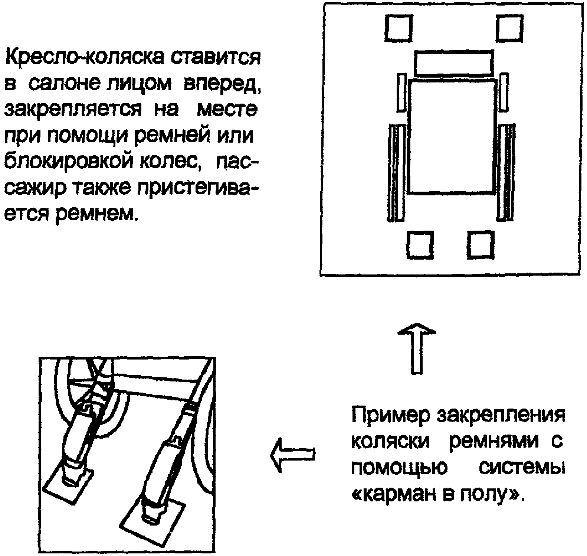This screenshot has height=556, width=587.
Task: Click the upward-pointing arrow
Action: tap(417, 348)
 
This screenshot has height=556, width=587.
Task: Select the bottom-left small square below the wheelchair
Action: tap(420, 245)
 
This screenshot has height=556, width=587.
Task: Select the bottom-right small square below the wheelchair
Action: tap(481, 245)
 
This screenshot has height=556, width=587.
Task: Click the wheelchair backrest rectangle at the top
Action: tap(453, 63)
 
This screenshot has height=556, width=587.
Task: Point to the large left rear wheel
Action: tap(396, 173)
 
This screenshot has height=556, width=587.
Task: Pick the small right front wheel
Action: tap(504, 92)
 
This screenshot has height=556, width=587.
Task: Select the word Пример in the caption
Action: tap(390, 417)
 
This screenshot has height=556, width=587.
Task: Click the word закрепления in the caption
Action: tap(501, 417)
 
